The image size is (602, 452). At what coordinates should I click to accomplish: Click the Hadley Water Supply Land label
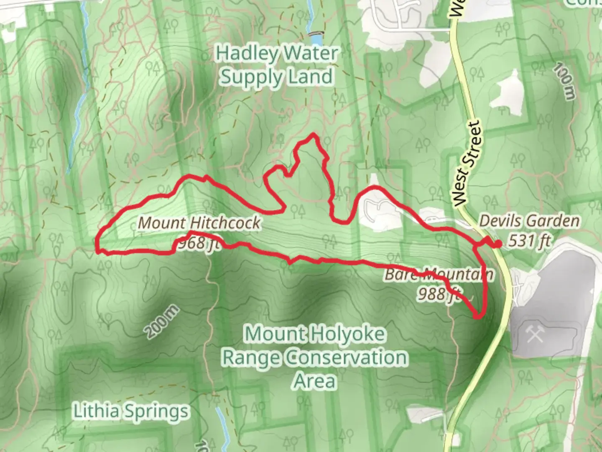[x=276, y=65]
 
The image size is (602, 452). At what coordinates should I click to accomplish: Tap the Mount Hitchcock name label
[x=199, y=223]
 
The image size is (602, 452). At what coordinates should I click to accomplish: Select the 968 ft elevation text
[x=198, y=243]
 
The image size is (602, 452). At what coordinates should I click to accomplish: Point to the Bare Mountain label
[x=439, y=275]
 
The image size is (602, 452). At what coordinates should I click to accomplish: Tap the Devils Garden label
[x=529, y=221]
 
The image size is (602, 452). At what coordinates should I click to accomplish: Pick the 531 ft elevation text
[x=529, y=241]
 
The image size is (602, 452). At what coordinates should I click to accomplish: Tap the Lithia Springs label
[x=131, y=411]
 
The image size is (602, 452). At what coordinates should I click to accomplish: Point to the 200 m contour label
[x=162, y=322]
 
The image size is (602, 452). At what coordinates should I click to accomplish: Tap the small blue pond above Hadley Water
[x=316, y=39]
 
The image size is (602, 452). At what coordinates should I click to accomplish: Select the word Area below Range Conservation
[x=315, y=381]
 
